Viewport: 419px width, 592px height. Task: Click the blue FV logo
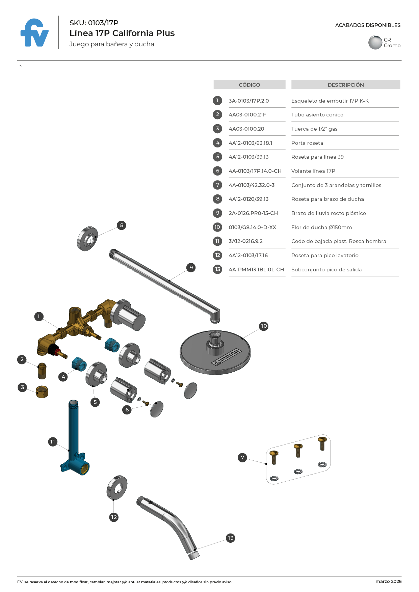tap(34, 33)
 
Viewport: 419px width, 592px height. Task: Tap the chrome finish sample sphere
tap(375, 43)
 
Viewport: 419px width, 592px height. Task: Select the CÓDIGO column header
tap(249, 85)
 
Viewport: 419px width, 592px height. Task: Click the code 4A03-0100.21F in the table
tap(247, 115)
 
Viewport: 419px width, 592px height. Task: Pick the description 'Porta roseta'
tap(307, 143)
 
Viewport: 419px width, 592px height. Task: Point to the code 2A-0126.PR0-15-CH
tap(253, 213)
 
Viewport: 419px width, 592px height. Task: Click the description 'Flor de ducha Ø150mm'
tap(321, 227)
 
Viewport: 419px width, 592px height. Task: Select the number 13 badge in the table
tap(217, 269)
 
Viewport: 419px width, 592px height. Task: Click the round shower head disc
tap(215, 353)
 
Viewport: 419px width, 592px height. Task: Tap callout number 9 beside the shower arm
tap(191, 268)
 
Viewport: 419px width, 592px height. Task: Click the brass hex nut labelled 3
tap(42, 392)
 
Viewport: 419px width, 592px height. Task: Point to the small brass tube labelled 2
tap(42, 371)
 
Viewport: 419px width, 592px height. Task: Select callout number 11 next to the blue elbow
tap(52, 442)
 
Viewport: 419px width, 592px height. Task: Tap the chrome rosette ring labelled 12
tap(117, 488)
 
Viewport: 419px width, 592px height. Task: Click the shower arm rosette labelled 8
tap(87, 239)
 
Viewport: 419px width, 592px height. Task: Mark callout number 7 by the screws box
tap(242, 458)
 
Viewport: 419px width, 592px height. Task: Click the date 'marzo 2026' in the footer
tap(388, 581)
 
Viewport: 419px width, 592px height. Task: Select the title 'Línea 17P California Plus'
tap(122, 33)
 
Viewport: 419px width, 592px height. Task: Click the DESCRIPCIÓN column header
tap(345, 85)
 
